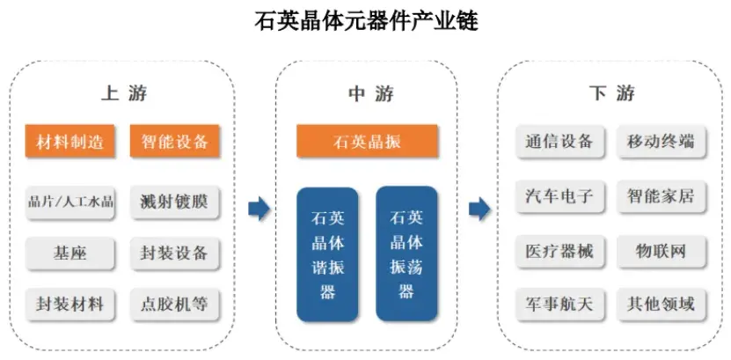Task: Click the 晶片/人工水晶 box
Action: [x=70, y=202]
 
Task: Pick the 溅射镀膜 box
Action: [x=174, y=202]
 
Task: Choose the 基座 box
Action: [x=70, y=253]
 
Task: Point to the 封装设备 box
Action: [x=174, y=253]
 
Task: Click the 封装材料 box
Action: [x=70, y=305]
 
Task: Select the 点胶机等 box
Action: [x=174, y=305]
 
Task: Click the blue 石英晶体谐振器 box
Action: [x=327, y=253]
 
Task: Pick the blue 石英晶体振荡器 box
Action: [x=406, y=253]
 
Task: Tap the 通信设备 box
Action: [x=559, y=142]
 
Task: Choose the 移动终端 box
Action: [x=661, y=142]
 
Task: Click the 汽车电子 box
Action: [x=559, y=195]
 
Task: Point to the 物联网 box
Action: [x=661, y=252]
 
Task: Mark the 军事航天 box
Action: [x=559, y=305]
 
